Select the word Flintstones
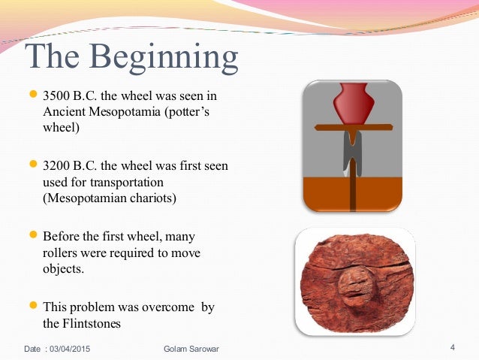[x=98, y=323]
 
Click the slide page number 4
[x=453, y=347]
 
